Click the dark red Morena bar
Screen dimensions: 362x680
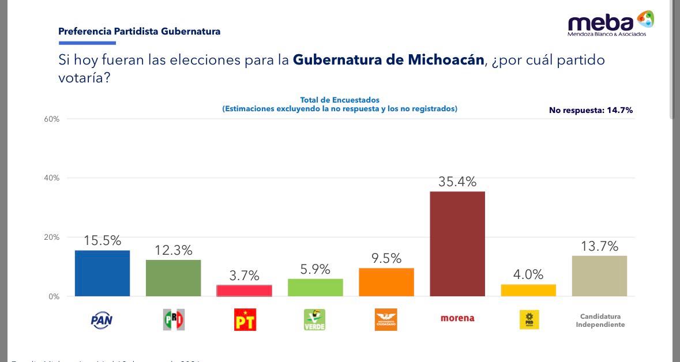point(457,244)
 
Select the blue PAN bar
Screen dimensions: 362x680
point(102,273)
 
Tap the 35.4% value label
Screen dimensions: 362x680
point(457,182)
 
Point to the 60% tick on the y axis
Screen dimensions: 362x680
point(51,119)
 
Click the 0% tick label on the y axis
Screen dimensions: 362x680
point(54,296)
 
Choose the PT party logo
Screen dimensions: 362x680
point(245,319)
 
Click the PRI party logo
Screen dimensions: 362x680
point(174,319)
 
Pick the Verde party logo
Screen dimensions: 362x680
point(314,319)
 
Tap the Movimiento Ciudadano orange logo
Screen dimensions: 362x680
point(386,319)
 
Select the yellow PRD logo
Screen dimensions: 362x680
point(529,319)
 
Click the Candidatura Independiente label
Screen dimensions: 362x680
point(600,320)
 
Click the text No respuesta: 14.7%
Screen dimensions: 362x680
point(591,110)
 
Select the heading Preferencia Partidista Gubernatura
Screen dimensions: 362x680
point(139,32)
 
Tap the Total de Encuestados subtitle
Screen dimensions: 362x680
point(340,100)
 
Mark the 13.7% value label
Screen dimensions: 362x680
point(599,246)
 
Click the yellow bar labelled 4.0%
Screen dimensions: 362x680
point(528,291)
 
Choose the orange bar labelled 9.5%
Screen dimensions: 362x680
point(386,282)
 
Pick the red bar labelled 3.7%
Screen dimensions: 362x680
point(244,291)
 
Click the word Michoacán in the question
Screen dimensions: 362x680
point(445,59)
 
